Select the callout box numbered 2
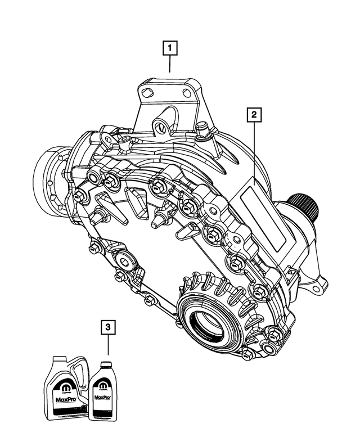[254, 115]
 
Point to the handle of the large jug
[81, 371]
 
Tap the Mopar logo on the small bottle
[102, 387]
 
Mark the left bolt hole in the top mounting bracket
[147, 93]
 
